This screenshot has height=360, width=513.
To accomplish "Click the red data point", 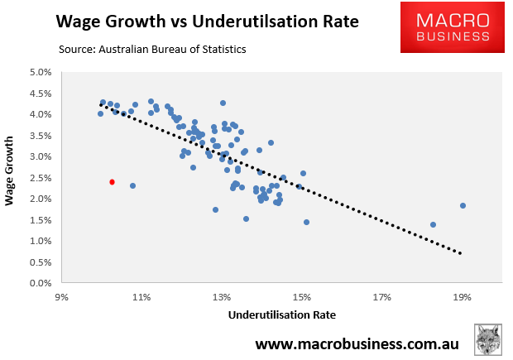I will click(x=112, y=182).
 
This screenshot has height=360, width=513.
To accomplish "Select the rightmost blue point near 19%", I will click(x=463, y=205).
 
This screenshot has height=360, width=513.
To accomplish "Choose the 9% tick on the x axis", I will click(x=61, y=296).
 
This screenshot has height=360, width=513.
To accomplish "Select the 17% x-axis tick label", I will click(x=381, y=296).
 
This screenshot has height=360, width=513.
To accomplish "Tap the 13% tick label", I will click(x=221, y=296).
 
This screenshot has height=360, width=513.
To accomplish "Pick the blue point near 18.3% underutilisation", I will click(x=433, y=224).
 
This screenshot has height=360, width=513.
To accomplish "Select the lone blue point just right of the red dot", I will click(x=132, y=185).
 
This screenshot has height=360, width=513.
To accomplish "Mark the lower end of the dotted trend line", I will click(x=460, y=252).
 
